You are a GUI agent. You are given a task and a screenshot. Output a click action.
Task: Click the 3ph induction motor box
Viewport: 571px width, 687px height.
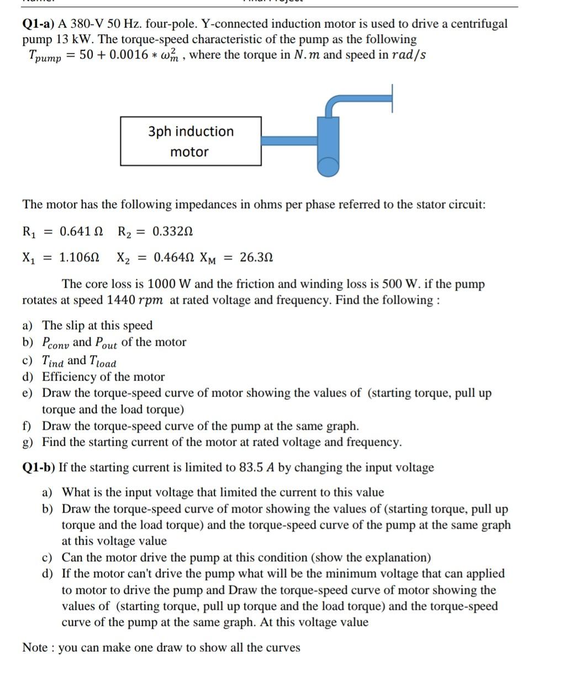(191, 141)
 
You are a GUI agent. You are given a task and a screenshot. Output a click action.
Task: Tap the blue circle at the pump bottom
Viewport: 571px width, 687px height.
(328, 166)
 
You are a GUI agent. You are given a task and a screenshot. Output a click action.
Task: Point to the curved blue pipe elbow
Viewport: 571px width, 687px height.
(334, 102)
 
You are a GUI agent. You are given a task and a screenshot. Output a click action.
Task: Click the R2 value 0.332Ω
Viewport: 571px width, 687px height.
(172, 231)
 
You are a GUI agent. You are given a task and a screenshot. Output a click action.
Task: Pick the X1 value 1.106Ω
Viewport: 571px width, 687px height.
(79, 257)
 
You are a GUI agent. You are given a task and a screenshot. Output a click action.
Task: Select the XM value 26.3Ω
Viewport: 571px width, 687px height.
(256, 257)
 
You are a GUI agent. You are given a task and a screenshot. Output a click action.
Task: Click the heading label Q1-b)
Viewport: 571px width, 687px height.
(39, 468)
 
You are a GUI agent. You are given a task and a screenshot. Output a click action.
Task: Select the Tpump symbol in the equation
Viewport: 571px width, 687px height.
(45, 56)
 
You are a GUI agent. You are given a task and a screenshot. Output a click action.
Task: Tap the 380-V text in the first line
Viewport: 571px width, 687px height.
(91, 24)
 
